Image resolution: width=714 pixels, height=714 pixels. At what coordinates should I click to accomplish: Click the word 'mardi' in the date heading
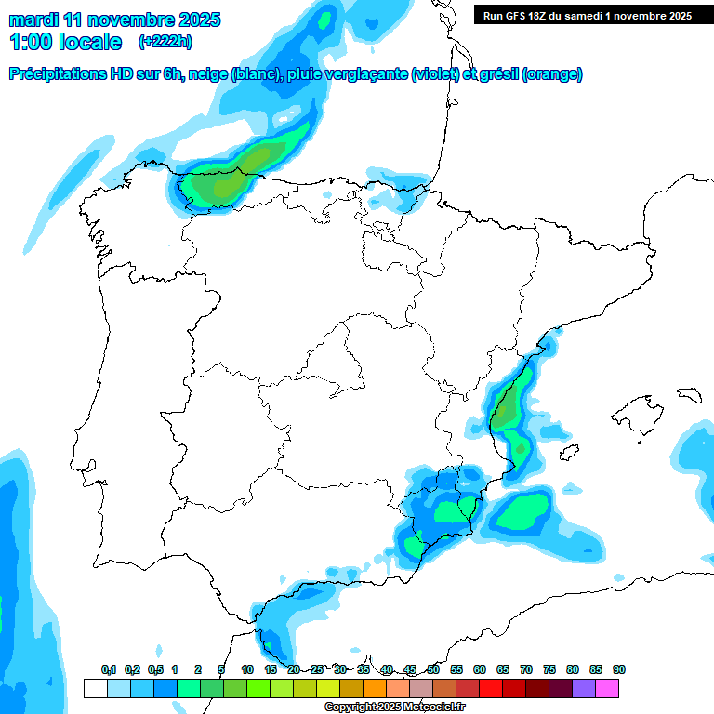coord(33,20)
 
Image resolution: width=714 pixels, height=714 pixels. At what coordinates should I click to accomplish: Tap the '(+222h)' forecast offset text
coord(165,42)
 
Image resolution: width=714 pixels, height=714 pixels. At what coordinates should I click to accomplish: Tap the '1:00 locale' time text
coord(66,42)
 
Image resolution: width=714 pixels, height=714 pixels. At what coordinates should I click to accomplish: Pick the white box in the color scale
coord(95,689)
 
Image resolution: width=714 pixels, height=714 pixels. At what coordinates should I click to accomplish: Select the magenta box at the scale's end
coord(607,689)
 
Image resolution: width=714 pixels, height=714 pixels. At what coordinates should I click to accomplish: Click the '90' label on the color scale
coord(618,669)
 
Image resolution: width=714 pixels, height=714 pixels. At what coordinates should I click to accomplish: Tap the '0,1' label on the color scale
coord(108,669)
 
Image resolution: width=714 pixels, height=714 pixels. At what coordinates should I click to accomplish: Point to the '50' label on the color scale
coord(433,669)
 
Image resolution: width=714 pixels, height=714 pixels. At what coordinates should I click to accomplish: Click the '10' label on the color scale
coord(247,669)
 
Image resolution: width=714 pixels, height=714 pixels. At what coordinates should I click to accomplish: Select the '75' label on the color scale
coord(549,669)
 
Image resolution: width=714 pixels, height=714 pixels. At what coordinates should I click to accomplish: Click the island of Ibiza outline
coord(568,453)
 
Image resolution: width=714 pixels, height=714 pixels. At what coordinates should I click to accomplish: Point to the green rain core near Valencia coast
coord(508,409)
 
